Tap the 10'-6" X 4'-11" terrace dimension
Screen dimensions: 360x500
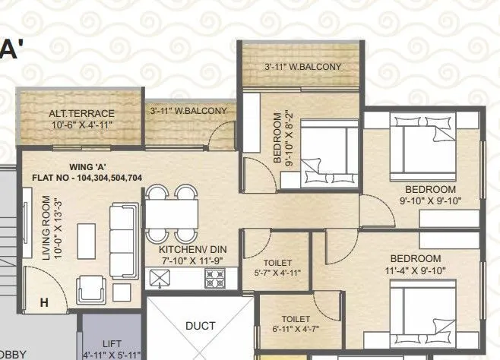click(x=81, y=125)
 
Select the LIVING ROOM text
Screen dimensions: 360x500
click(x=47, y=229)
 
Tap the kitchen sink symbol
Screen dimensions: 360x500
click(x=161, y=279)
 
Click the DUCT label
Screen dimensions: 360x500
click(x=201, y=326)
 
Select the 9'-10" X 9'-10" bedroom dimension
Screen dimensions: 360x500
click(x=429, y=201)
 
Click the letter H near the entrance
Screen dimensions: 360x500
click(x=43, y=303)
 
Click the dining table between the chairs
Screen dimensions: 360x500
click(x=172, y=212)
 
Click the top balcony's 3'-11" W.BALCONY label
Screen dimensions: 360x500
click(x=302, y=67)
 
